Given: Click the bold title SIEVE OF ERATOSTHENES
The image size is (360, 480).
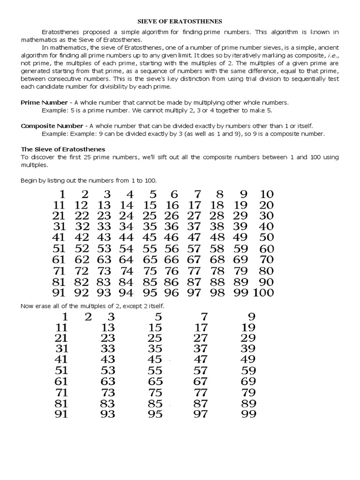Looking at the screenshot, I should coord(180,21).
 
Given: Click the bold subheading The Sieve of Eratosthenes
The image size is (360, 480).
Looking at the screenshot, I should coord(63,149).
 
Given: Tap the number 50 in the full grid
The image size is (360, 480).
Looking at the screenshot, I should coord(266,237).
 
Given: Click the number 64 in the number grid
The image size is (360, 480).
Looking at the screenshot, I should coord(126,259).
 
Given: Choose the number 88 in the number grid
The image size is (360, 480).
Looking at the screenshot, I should coord(217,282).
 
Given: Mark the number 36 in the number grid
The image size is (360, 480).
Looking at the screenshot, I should coord(172,226).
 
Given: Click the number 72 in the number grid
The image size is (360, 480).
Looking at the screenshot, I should coord(82,270).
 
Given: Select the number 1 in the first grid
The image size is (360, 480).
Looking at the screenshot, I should coord(61,194).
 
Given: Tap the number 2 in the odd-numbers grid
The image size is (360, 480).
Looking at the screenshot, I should coord(87,316).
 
